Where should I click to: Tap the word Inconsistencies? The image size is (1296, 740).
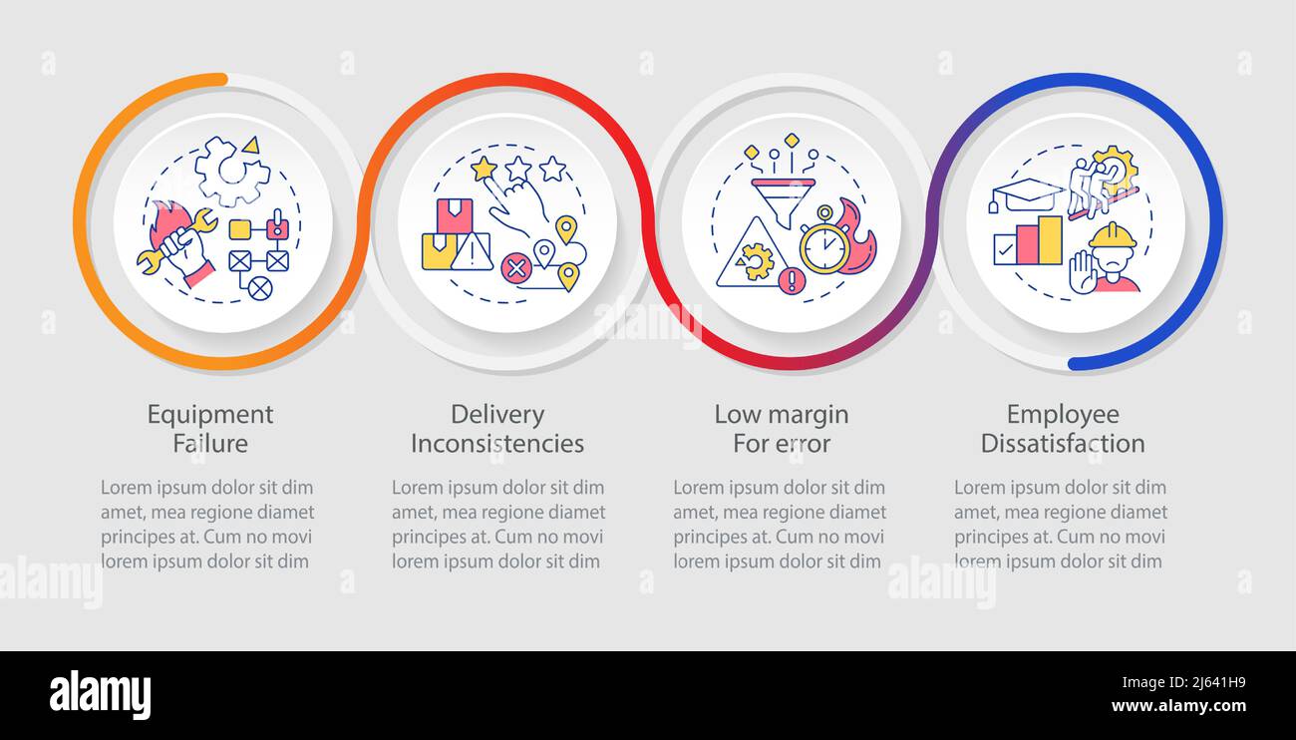[x=497, y=444]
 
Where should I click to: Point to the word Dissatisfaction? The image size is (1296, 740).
[x=1063, y=444]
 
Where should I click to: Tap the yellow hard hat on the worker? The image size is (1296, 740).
[x=1112, y=236]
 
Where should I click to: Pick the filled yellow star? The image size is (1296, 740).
[x=484, y=169]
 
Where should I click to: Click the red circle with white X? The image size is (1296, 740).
[x=516, y=268]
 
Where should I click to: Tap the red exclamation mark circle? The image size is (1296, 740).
[x=793, y=281]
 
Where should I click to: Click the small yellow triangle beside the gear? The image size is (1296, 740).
[x=251, y=146]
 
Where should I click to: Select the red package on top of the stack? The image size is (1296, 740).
[x=455, y=215]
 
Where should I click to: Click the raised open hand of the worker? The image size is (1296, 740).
[x=1083, y=272]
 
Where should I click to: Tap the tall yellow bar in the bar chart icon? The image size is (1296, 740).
[x=1050, y=240]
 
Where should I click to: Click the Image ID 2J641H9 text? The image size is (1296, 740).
[x=1183, y=683]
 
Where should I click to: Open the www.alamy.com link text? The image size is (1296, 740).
[x=1178, y=706]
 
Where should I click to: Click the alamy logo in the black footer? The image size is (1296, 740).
[x=100, y=695]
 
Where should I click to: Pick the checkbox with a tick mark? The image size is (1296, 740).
[x=1005, y=249]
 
